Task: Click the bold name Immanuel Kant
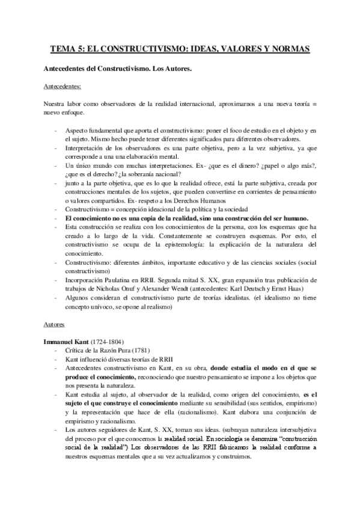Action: click(x=66, y=341)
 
